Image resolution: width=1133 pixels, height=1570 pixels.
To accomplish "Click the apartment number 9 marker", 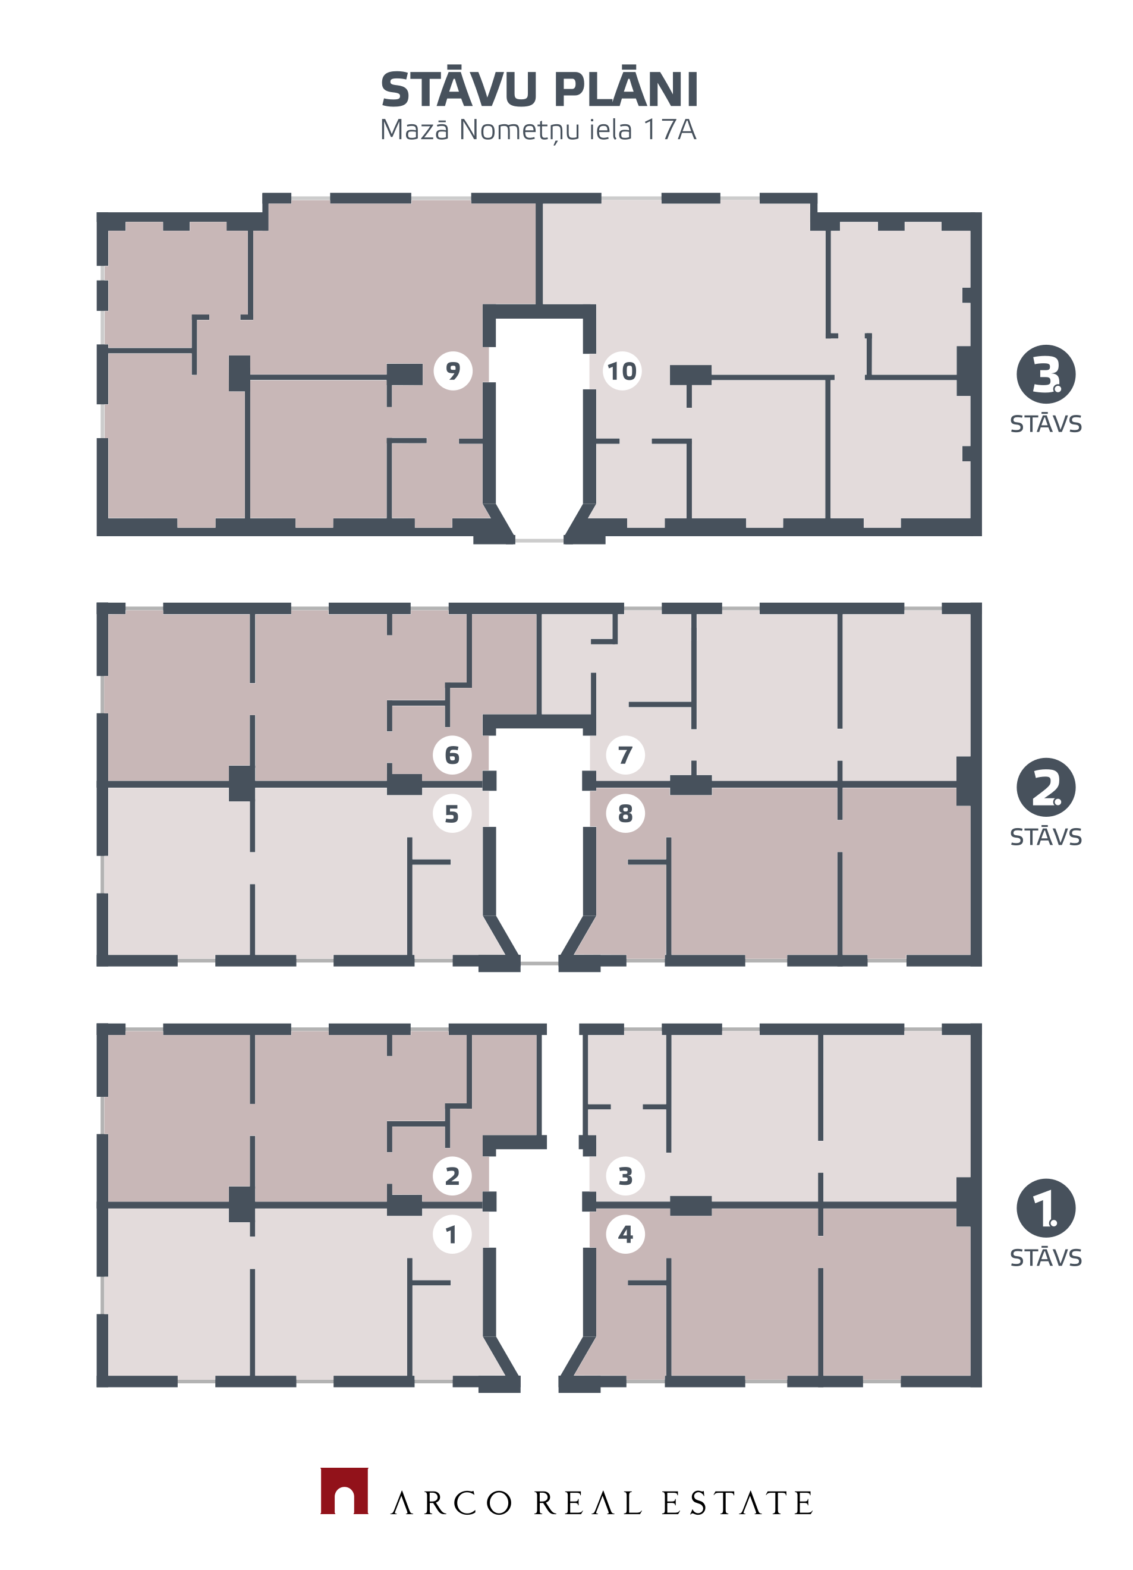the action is click(452, 371).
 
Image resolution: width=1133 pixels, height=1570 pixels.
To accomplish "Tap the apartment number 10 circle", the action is click(622, 371).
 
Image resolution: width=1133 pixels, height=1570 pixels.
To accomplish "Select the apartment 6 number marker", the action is click(452, 754).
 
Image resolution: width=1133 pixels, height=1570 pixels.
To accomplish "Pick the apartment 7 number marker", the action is click(625, 754).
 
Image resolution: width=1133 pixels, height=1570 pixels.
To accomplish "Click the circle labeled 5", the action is click(452, 813).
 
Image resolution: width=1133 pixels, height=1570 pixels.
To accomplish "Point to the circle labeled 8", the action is click(625, 813).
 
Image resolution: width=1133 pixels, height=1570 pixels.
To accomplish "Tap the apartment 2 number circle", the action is click(452, 1175).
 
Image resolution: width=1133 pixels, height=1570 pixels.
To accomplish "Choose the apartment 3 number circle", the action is click(625, 1175).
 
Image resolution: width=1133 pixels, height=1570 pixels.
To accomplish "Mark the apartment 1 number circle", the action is click(452, 1234).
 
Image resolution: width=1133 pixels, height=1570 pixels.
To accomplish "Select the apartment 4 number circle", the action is click(625, 1234).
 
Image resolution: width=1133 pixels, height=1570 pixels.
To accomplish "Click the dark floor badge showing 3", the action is click(1045, 374).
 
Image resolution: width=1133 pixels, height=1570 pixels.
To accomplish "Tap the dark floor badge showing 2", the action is click(1045, 787).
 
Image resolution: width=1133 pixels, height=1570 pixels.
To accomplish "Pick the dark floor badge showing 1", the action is click(1045, 1208).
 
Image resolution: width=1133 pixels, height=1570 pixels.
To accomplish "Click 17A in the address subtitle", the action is click(669, 130).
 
